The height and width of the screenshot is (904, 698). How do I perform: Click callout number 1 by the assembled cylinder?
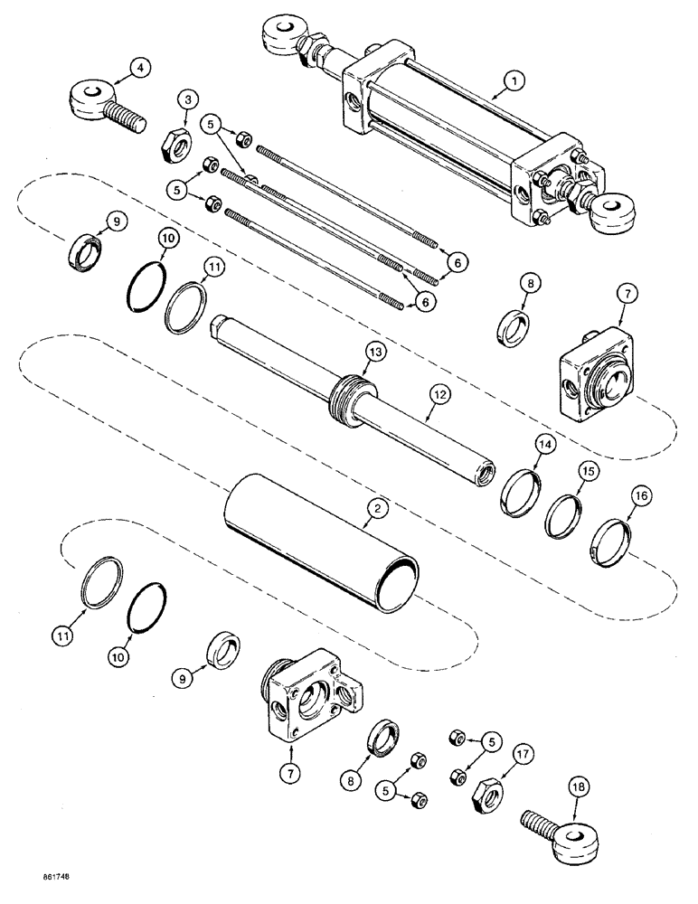click(x=514, y=81)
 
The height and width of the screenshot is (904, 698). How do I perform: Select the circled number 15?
click(x=587, y=471)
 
